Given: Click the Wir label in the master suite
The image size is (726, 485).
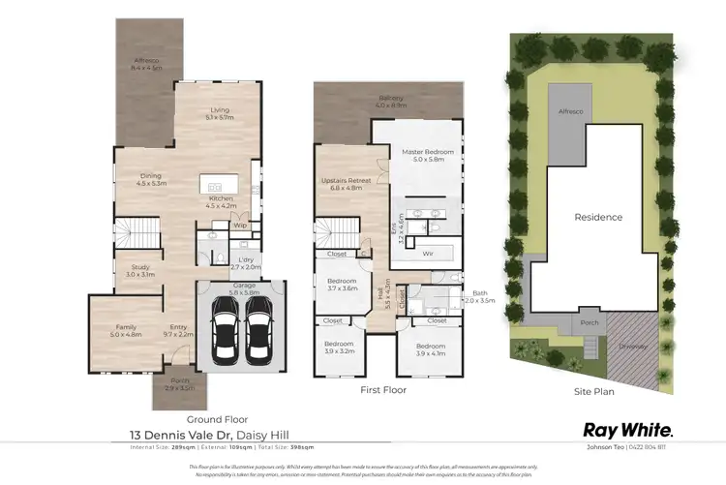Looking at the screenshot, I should (x=428, y=255).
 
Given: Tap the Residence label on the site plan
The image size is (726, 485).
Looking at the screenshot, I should (x=597, y=217).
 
